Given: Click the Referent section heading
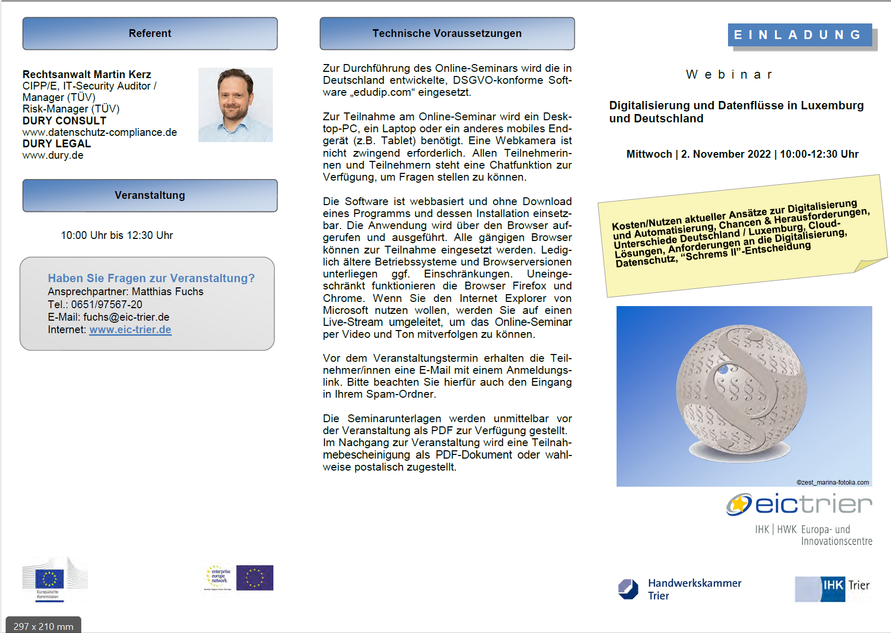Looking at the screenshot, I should (x=150, y=34).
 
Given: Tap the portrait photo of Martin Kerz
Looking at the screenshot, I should (x=235, y=105).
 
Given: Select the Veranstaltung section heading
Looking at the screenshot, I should (x=150, y=196).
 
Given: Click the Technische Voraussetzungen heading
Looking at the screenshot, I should (x=447, y=34).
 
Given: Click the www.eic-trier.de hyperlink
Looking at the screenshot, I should (x=130, y=330).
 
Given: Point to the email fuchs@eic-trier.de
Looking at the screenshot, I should (x=126, y=317).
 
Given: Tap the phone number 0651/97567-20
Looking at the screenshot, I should (x=106, y=305).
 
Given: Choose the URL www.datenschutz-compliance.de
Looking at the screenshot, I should (x=99, y=132).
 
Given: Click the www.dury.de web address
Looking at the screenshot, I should (x=53, y=155).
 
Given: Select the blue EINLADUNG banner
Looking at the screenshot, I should (x=799, y=35).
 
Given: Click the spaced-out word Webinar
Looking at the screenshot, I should (x=729, y=75).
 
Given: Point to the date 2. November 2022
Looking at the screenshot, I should (x=725, y=154).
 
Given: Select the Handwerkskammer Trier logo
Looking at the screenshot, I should (x=680, y=589).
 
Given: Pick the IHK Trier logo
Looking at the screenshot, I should (x=832, y=588).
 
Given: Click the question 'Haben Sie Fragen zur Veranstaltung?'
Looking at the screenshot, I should (x=151, y=278).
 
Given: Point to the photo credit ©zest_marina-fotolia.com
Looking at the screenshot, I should (x=832, y=483).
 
